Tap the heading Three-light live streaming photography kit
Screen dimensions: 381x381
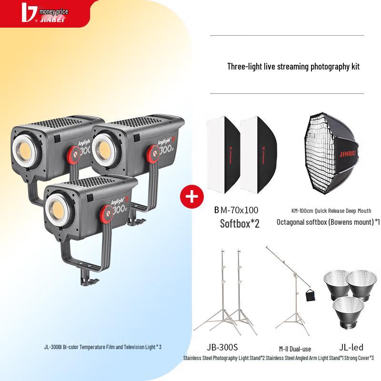(x=293, y=66)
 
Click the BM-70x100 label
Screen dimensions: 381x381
(x=236, y=210)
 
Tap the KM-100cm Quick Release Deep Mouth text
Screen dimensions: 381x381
(x=331, y=211)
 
